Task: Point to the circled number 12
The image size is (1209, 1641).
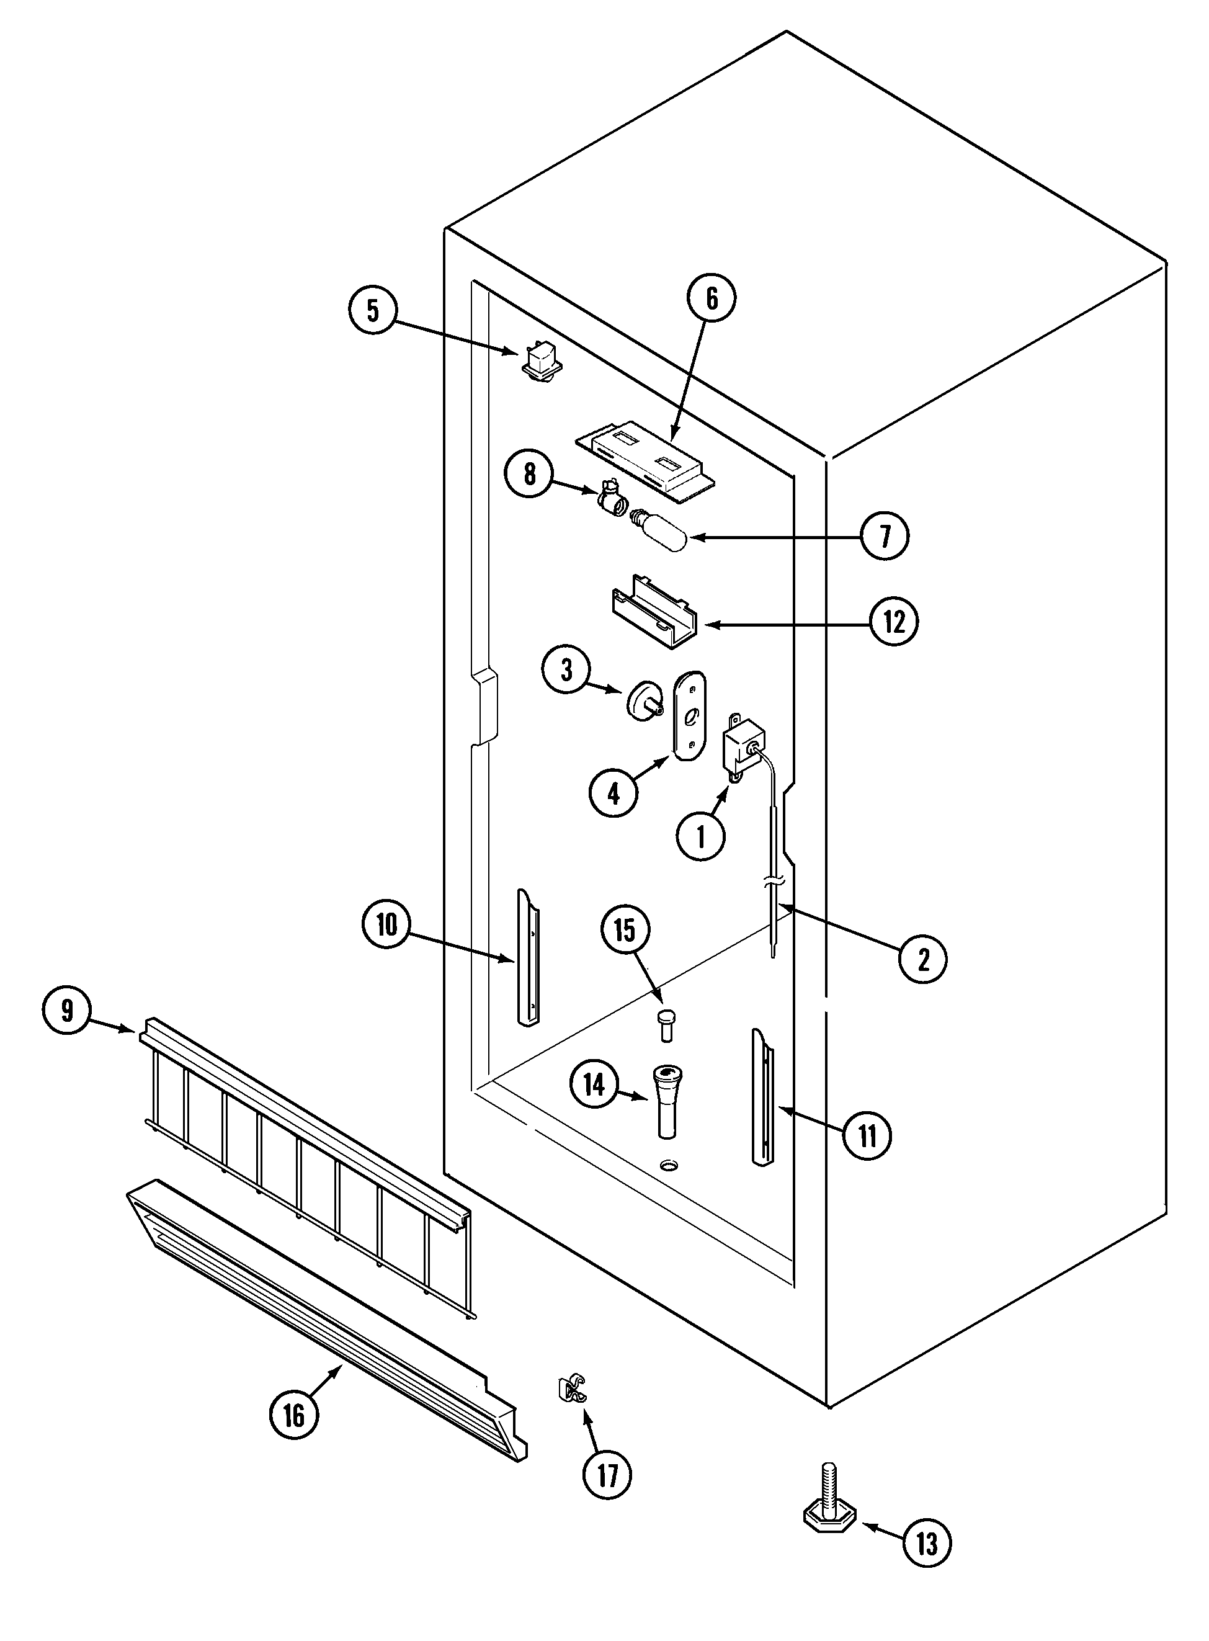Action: pyautogui.click(x=894, y=622)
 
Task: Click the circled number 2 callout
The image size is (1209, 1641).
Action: pyautogui.click(x=923, y=958)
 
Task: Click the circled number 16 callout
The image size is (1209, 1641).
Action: pyautogui.click(x=293, y=1416)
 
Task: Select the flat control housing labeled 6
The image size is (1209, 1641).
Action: pyautogui.click(x=645, y=465)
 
